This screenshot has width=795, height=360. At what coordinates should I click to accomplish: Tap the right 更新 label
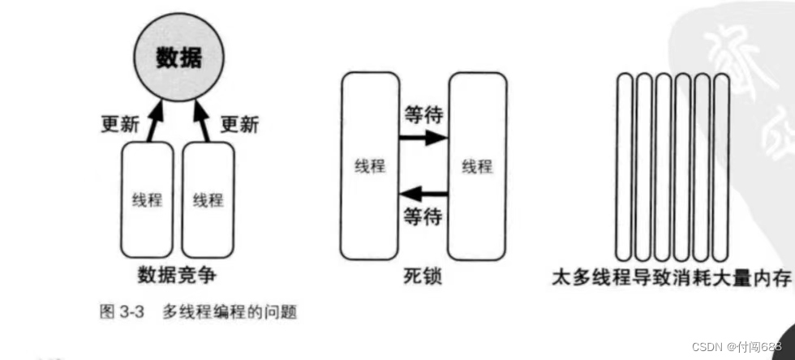(239, 125)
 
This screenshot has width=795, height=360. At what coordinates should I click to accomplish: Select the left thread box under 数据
(147, 199)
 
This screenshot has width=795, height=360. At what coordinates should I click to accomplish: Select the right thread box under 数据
(208, 199)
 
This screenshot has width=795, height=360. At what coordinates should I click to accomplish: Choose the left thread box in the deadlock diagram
(370, 165)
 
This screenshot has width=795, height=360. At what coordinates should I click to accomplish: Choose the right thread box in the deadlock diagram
(477, 165)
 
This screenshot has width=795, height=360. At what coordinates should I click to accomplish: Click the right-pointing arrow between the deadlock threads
(423, 138)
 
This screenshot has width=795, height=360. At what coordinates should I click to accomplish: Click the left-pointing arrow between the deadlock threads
(423, 194)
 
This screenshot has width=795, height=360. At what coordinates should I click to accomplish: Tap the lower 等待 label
(423, 217)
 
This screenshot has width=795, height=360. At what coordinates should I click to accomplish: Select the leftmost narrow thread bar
(624, 166)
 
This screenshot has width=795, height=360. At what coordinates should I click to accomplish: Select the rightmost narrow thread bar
(721, 166)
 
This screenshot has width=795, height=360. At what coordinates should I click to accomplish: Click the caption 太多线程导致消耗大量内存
(671, 278)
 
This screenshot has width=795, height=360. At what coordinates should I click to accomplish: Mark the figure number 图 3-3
(122, 311)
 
